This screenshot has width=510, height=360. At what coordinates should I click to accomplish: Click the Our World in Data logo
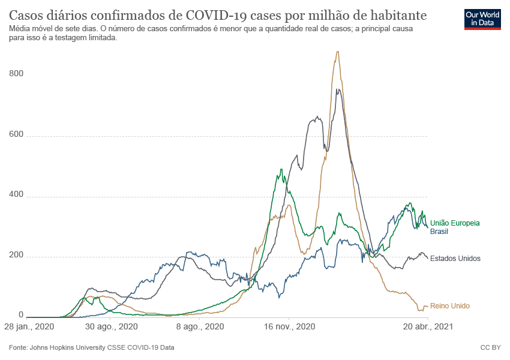coord(482,19)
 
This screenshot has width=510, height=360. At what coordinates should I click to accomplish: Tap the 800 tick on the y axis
coord(16,73)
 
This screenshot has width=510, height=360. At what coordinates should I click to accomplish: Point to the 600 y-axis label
coord(16,134)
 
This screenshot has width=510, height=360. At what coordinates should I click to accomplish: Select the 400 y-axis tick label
coord(16,195)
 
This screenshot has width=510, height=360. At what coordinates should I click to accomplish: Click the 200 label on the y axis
coord(16,256)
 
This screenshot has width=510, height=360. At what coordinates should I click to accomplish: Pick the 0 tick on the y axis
coord(20,314)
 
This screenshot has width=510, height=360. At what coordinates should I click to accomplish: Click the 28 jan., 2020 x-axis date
coord(29,327)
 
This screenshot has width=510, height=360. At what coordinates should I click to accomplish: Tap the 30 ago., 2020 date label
coord(112,327)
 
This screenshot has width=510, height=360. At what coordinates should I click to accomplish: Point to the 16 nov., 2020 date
coord(289,327)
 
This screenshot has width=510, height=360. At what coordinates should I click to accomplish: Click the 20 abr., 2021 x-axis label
coord(427,327)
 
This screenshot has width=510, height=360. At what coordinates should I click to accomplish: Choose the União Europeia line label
coord(455,223)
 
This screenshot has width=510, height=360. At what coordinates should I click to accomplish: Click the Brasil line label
coord(440,231)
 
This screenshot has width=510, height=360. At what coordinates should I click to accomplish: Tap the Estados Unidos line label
coord(455,259)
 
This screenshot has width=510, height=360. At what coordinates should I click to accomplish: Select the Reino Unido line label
coord(450,306)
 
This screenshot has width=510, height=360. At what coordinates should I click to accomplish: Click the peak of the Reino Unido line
coord(338,52)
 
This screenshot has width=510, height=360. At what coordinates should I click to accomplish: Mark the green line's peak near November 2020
coord(281,170)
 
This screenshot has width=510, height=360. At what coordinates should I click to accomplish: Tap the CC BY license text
coord(490,347)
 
